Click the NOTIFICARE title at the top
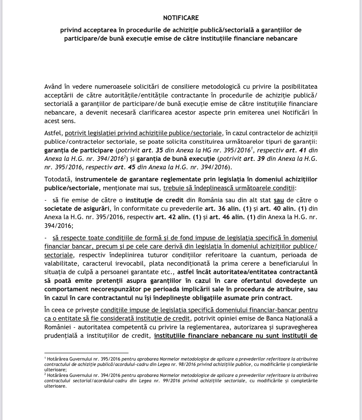point(181,18)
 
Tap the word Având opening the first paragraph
point(54,86)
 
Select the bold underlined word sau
point(279,200)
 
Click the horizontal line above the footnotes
point(86,352)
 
